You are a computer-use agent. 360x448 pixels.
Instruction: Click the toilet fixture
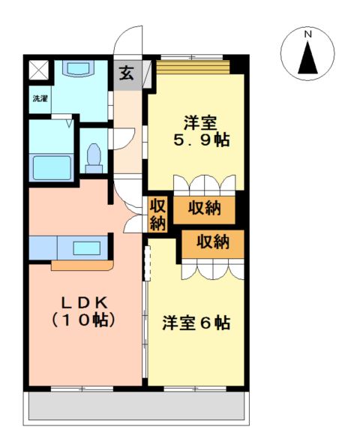tap(94, 158)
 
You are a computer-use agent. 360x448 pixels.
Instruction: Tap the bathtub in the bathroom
tap(52, 168)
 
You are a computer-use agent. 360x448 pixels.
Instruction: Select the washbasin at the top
tap(78, 69)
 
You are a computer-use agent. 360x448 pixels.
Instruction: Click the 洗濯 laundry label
tap(40, 99)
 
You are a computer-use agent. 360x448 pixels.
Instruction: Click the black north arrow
tap(307, 58)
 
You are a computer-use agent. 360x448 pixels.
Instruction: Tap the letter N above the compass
tap(307, 35)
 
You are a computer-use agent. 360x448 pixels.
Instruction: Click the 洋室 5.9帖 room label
tap(201, 131)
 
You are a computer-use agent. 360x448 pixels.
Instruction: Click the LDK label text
tap(85, 302)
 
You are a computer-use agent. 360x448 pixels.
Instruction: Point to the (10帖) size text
tap(83, 320)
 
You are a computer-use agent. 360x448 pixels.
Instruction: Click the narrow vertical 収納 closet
tap(157, 214)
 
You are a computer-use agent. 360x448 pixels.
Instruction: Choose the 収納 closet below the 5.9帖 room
tap(204, 209)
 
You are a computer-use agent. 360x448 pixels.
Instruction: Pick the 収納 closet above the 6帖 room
tap(213, 243)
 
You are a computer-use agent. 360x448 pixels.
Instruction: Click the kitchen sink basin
tap(86, 248)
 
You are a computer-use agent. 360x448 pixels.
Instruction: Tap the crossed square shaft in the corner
tap(39, 70)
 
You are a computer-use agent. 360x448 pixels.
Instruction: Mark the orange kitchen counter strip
tap(82, 265)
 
